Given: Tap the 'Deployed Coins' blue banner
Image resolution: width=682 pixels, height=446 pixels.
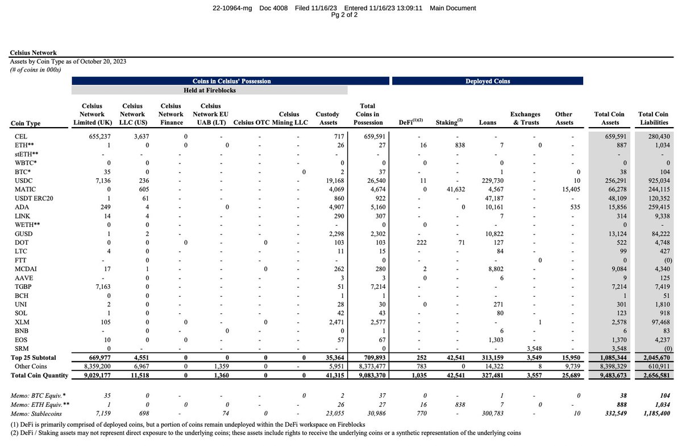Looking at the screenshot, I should tap(488, 81).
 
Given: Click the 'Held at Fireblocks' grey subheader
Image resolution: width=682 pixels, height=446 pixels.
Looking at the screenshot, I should tap(210, 90).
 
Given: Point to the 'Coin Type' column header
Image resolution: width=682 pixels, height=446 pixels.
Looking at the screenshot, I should tap(26, 123).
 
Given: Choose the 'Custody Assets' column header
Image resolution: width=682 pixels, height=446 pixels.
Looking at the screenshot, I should tap(327, 118).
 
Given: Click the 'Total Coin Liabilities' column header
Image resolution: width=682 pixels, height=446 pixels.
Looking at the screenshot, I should tap(654, 118).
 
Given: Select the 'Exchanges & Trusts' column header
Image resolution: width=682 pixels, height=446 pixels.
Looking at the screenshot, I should tap(525, 118).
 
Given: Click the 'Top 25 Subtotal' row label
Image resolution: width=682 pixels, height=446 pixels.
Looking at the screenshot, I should tap(34, 358).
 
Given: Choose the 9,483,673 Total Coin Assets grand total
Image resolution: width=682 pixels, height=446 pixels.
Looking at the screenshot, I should tap(609, 375).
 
